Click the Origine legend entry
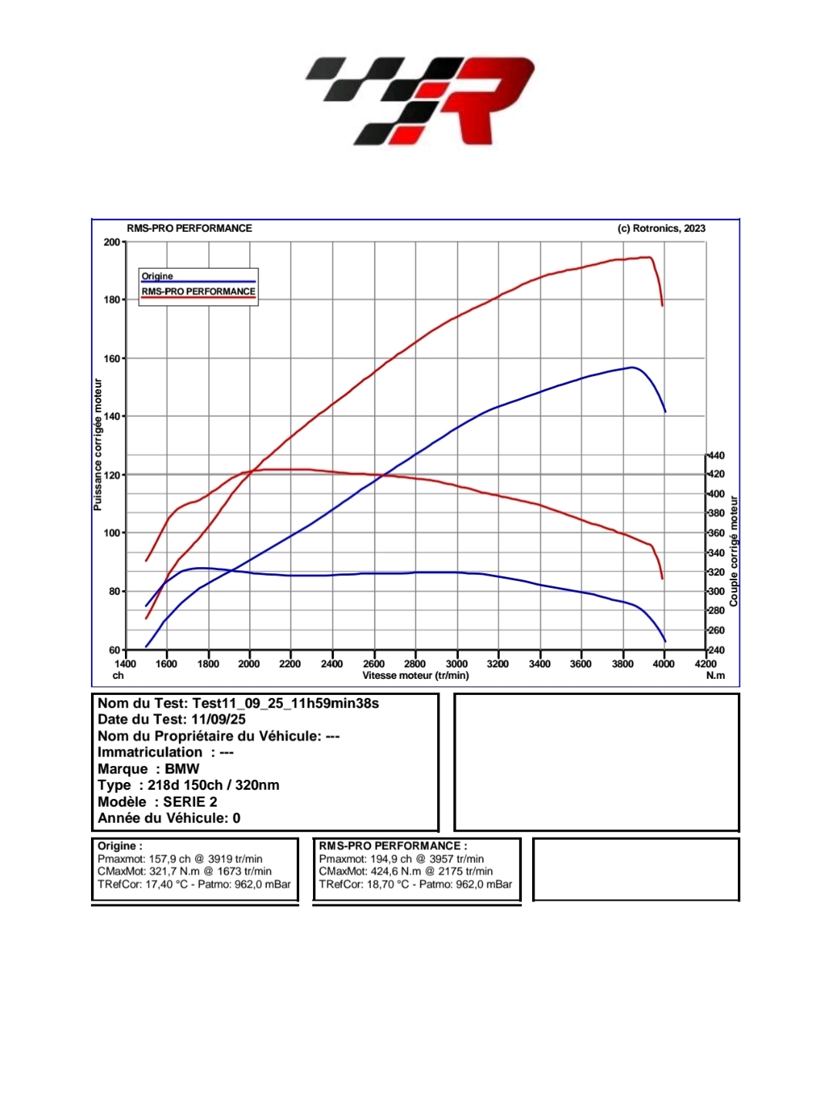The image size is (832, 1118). pos(157,276)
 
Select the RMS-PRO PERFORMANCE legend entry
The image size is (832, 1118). pos(198,291)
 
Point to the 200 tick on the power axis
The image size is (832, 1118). pos(112,242)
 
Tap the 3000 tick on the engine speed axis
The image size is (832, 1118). pos(456,663)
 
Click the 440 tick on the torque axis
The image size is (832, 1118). pos(716,455)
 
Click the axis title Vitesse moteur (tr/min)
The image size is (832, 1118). pos(416,676)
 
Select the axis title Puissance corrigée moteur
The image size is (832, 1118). pos(98,445)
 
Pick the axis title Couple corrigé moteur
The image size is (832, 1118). pos(734,551)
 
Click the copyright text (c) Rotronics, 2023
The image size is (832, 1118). pos(661,228)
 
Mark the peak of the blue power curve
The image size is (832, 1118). pos(632,368)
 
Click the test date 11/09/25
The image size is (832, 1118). pos(218,720)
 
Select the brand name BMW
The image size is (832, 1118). pos(182,769)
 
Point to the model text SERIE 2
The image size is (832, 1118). pos(190,801)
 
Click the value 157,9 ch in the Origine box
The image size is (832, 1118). pos(168,859)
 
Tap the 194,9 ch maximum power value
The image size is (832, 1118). pos(389,859)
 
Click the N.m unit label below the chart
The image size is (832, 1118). pos(716,676)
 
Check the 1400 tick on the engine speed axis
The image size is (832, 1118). pos(126,663)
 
